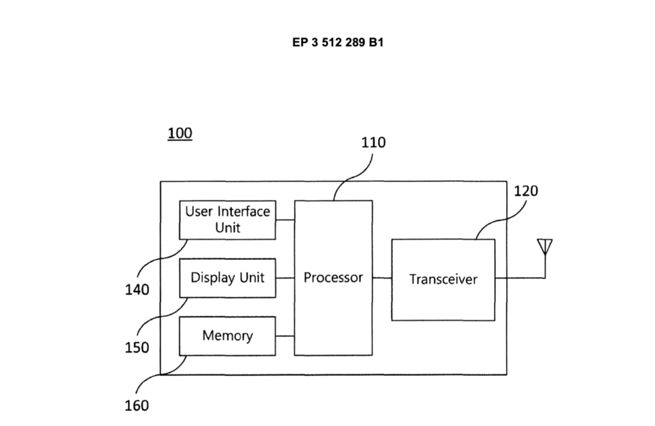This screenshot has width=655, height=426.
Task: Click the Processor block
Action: pos(333,278)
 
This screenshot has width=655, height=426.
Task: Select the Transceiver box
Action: pos(443,279)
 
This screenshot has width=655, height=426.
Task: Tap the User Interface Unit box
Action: pos(228,219)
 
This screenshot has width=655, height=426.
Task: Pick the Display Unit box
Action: pos(228,278)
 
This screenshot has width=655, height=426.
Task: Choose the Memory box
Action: pos(228,335)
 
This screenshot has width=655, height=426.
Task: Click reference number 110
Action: pos(374,142)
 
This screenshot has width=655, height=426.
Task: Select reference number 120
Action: pos(525,191)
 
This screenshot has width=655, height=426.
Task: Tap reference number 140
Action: pos(136,290)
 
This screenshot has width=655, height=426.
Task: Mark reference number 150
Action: pos(136,347)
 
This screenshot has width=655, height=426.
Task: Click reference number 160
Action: pos(136,406)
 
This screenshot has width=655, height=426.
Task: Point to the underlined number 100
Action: pos(180,133)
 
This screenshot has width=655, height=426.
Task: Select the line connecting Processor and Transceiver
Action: pos(382,279)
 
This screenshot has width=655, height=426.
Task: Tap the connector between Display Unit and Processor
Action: pos(284,278)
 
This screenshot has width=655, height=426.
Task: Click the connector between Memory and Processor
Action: pos(284,335)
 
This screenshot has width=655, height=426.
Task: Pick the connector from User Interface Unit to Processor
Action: pos(284,219)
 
